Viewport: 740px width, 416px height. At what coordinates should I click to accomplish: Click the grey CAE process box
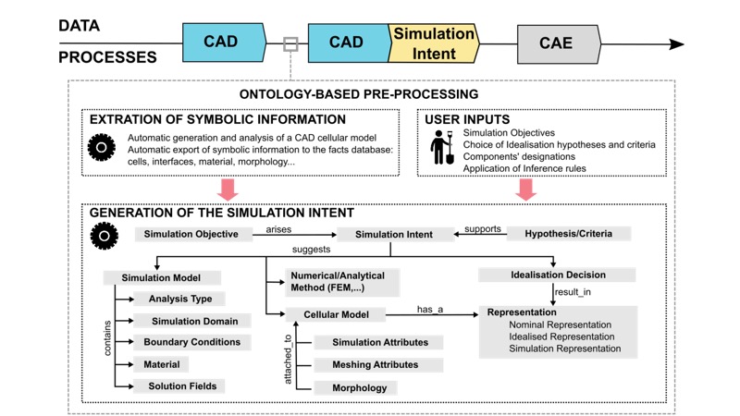[x=557, y=43]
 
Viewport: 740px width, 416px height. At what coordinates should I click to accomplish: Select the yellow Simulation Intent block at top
[x=434, y=43]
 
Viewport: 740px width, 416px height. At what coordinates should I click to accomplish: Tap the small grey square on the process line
[x=290, y=43]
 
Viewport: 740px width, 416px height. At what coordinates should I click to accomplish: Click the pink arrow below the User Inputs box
[x=526, y=189]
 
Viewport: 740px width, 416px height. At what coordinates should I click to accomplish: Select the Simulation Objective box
[x=191, y=234]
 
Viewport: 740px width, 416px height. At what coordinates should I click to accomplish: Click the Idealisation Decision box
[x=558, y=275]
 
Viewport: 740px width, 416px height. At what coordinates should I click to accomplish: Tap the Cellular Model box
[x=337, y=315]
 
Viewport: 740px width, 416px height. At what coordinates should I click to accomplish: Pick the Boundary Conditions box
[x=191, y=342]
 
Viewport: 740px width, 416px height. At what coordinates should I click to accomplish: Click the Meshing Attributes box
[x=375, y=365]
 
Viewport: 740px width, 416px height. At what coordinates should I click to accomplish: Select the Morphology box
[x=360, y=387]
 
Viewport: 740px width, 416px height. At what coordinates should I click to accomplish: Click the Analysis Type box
[x=180, y=299]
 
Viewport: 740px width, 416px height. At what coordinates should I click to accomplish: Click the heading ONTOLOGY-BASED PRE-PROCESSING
[x=359, y=94]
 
